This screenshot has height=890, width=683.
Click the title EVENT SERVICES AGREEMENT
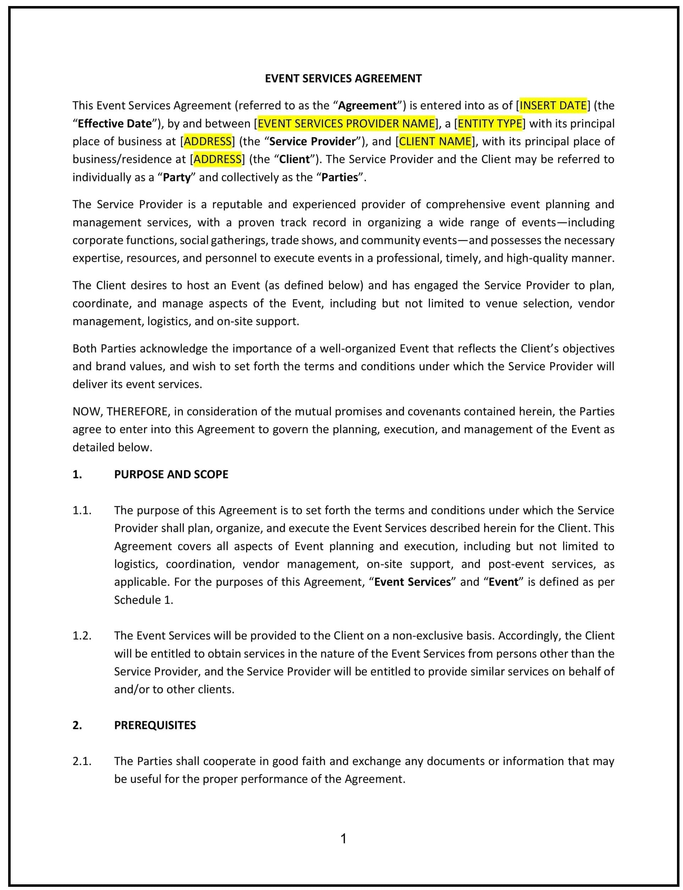[343, 78]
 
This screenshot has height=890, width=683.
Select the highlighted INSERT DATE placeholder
[553, 105]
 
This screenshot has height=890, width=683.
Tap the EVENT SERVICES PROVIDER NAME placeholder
[346, 123]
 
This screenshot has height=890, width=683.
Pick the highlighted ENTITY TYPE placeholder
[490, 123]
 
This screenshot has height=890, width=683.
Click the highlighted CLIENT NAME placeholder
[435, 141]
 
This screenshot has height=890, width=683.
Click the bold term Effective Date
[115, 123]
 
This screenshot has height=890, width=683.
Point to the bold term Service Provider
[312, 141]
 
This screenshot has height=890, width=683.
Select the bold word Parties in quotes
[340, 178]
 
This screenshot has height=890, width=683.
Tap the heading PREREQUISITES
[155, 725]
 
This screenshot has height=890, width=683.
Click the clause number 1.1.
[82, 510]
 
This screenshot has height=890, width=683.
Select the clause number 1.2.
[82, 636]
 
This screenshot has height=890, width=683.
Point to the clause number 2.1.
[82, 761]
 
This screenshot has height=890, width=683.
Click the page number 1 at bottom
[343, 839]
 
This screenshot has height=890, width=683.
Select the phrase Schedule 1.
[144, 600]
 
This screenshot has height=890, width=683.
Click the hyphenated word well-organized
[357, 348]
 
